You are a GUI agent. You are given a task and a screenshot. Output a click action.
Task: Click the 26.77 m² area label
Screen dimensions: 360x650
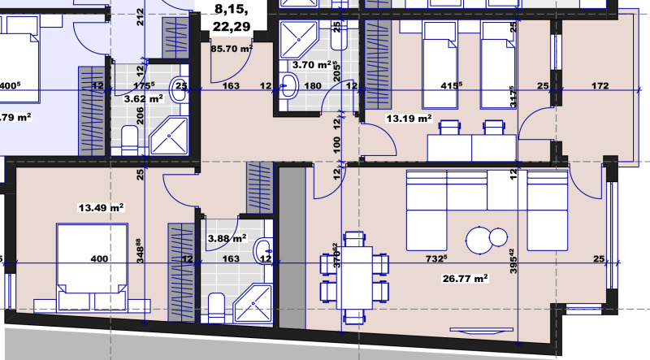click(x=463, y=278)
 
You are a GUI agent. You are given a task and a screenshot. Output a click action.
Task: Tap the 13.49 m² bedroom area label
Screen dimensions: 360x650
click(x=100, y=207)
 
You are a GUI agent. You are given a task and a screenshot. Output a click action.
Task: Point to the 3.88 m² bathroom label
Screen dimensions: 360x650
click(x=227, y=239)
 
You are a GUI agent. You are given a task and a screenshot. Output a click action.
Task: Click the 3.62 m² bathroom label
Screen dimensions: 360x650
click(x=142, y=98)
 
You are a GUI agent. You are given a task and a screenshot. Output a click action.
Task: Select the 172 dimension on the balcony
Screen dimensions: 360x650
click(x=600, y=84)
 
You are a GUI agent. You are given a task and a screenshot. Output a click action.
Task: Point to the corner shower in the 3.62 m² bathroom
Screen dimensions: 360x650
click(x=168, y=136)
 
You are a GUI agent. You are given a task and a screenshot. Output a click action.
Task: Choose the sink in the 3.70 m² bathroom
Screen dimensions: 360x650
click(x=289, y=81)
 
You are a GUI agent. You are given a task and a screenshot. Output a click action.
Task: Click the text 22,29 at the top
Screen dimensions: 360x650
click(x=232, y=28)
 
